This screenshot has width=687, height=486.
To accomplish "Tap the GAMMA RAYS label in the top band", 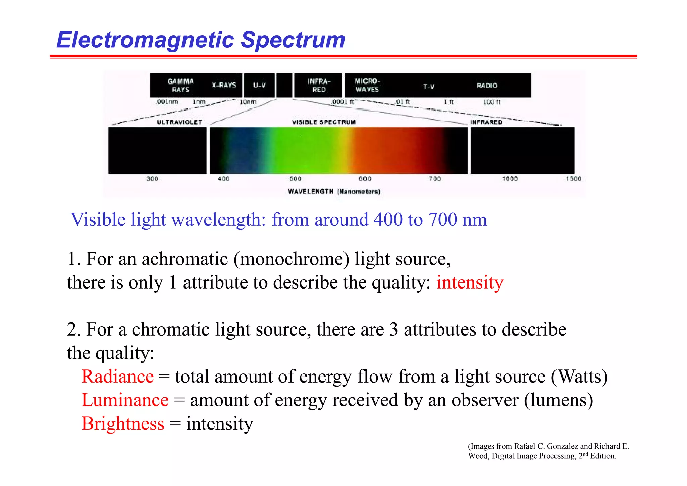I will [x=180, y=85].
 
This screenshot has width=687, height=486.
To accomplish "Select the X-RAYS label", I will [x=224, y=85].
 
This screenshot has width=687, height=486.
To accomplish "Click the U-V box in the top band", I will [x=259, y=85].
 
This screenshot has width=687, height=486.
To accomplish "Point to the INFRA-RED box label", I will [x=319, y=85].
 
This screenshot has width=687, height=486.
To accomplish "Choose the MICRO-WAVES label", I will [x=367, y=85].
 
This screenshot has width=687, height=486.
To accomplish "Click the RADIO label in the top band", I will [x=487, y=86].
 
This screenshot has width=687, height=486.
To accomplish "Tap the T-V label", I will [x=428, y=87].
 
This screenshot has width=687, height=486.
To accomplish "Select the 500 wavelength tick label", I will [x=295, y=179].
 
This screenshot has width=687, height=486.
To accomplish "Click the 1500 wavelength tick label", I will [x=573, y=179].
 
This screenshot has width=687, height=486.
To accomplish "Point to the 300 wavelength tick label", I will [x=152, y=179].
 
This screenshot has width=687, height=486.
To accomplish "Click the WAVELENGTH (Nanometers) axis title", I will [x=334, y=191].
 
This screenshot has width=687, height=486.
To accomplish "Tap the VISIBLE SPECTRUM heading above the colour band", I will [x=323, y=122].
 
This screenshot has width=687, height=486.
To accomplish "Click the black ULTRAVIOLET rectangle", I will [x=157, y=150].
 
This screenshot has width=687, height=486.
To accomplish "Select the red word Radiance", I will [x=117, y=377].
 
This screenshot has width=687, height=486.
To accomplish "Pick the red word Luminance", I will [x=125, y=400].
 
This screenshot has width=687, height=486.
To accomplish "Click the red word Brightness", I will [x=123, y=424].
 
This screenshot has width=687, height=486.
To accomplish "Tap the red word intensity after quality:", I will [x=470, y=282].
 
